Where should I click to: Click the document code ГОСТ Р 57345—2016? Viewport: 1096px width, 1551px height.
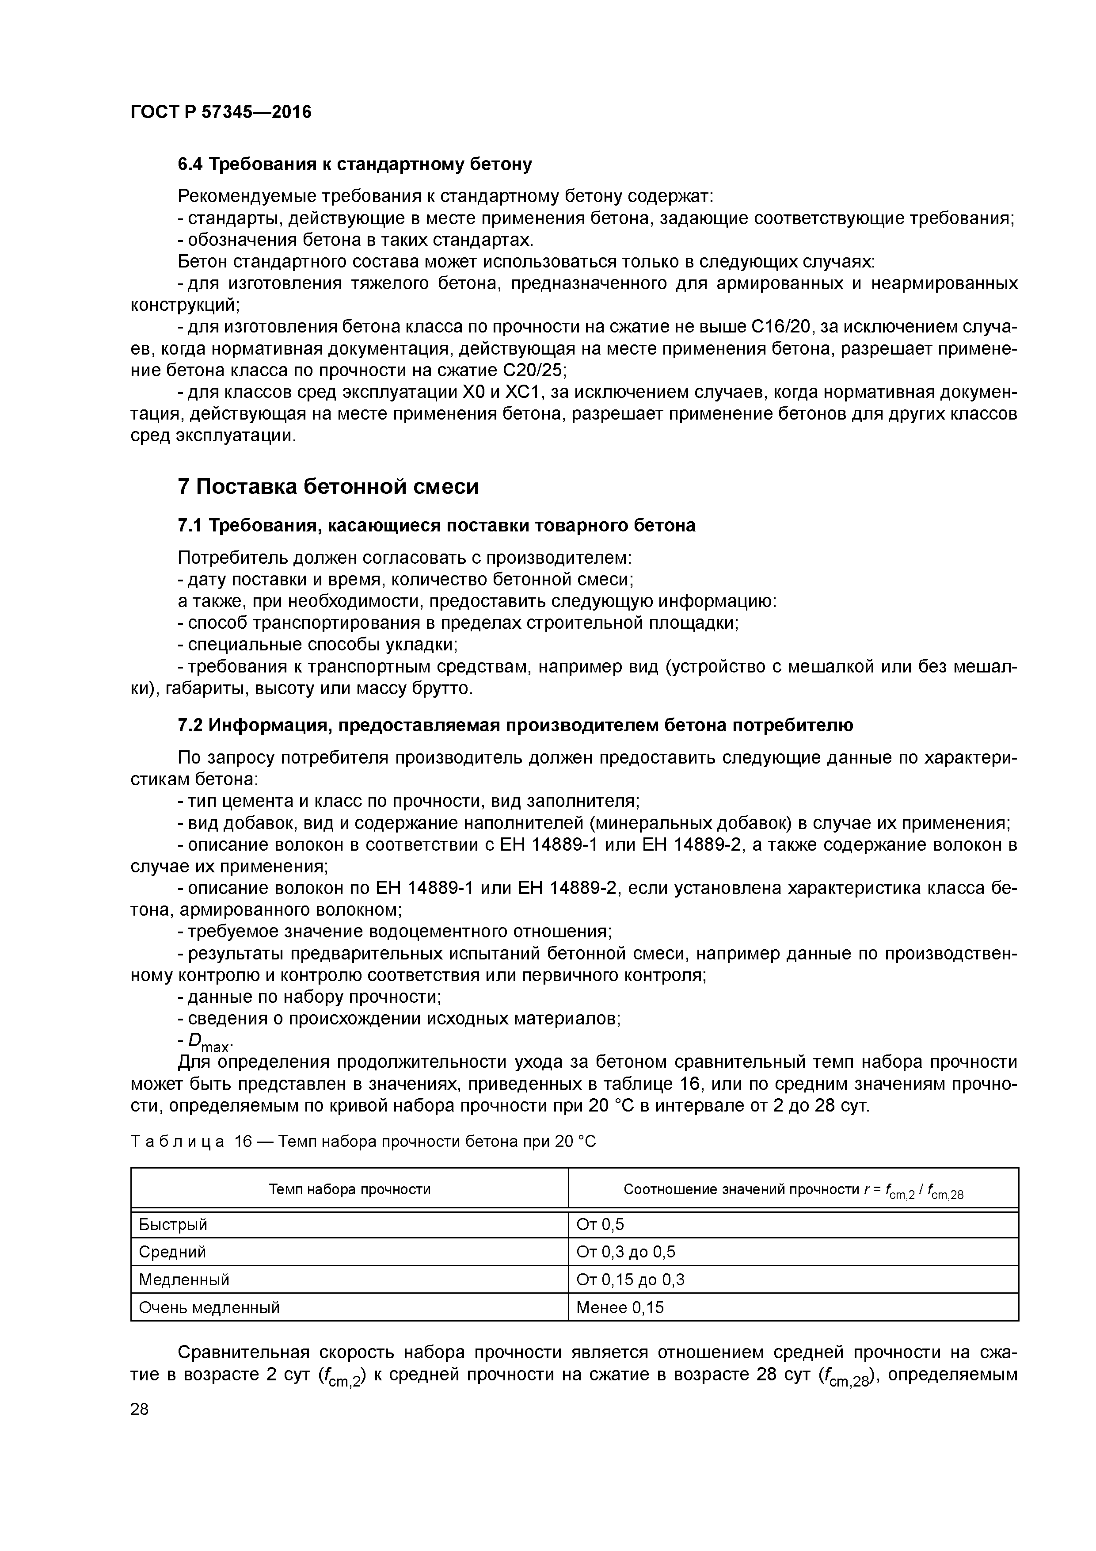(x=221, y=111)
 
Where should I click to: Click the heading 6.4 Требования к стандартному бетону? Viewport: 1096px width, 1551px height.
(x=354, y=164)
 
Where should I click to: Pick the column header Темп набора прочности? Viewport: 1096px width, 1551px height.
(x=349, y=1189)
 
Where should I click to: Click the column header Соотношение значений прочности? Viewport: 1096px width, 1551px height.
(x=793, y=1190)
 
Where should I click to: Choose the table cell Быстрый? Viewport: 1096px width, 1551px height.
(x=173, y=1224)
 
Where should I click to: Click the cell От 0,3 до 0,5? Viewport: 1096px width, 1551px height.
(x=625, y=1252)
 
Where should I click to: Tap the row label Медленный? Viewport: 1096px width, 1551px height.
(x=184, y=1280)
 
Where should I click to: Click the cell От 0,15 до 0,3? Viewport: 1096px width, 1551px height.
(x=630, y=1280)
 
